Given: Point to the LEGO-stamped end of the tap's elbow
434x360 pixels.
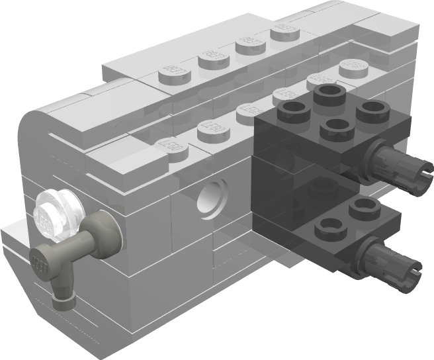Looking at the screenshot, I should (x=40, y=260).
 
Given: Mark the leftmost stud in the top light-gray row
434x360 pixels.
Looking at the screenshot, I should (x=171, y=70).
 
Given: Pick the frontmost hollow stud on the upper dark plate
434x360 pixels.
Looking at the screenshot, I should (x=337, y=129).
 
